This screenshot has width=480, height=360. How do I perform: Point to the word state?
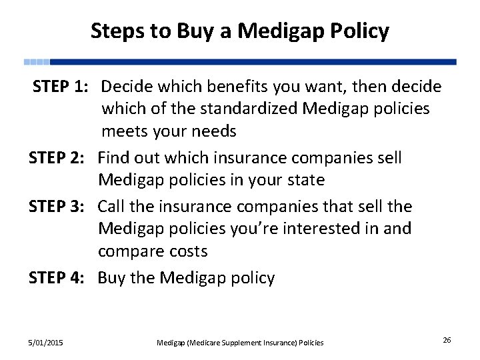click(x=305, y=180)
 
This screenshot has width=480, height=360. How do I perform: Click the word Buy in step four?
click(x=111, y=278)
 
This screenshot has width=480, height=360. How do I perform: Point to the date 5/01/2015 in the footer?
click(x=46, y=343)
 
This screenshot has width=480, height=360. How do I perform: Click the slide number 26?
click(x=447, y=341)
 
